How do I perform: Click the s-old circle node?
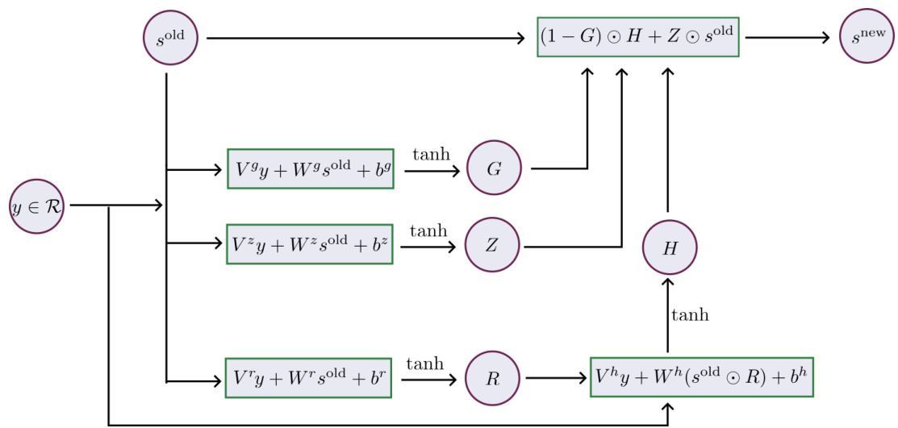169,38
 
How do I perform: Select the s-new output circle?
867,36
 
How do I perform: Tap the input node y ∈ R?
37,206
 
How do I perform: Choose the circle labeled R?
494,376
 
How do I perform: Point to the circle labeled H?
669,248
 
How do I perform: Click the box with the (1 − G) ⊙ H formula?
638,37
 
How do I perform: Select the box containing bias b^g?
311,169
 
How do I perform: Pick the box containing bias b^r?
308,376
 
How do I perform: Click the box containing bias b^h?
701,376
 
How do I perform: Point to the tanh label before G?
431,154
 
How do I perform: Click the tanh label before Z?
428,231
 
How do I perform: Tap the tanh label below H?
691,315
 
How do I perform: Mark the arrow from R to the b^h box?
557,376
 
